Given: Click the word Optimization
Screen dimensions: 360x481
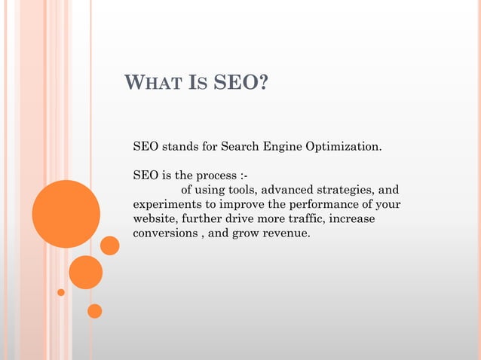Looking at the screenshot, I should [x=344, y=145].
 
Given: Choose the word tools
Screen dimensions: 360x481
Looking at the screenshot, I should [x=240, y=190].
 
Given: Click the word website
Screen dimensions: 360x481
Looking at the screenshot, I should [x=155, y=219].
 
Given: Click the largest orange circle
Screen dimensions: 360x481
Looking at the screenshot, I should [x=66, y=214].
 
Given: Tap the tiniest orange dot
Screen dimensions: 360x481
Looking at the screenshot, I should [x=61, y=292].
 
